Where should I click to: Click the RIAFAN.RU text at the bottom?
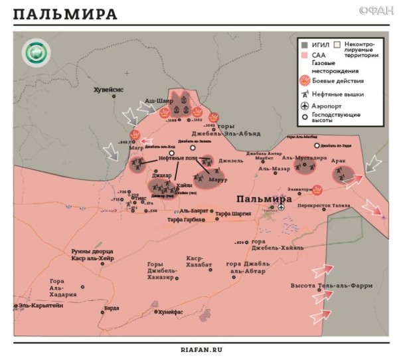(200, 349)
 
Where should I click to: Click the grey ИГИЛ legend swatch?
(303, 45)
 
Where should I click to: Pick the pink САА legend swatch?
(303, 56)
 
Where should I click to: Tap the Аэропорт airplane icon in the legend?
(304, 106)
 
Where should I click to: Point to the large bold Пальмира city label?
(265, 199)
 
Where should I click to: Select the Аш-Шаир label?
(158, 100)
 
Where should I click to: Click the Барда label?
(113, 308)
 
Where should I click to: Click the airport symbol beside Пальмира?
(281, 207)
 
